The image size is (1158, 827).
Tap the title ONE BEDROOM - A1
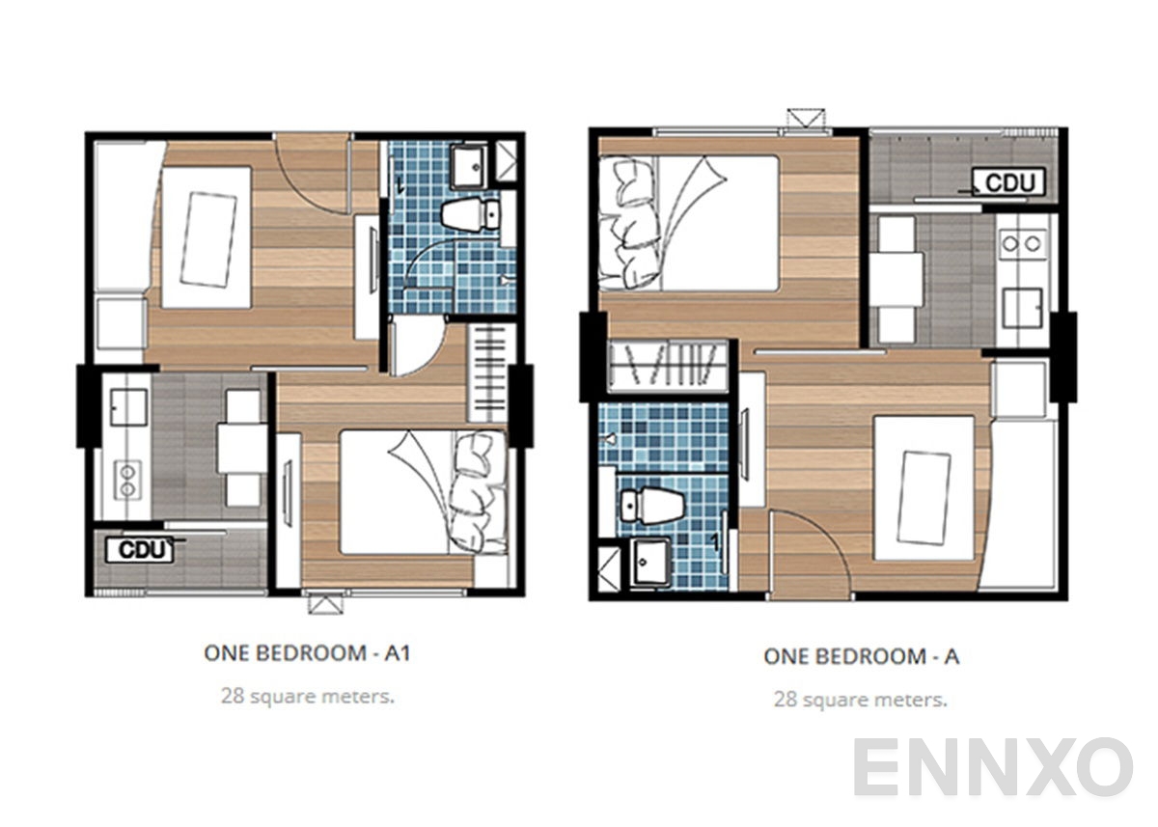pos(308,653)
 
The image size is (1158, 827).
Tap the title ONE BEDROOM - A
pos(861,657)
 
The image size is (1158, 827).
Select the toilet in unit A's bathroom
pos(651,504)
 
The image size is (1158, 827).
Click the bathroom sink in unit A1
pos(471,166)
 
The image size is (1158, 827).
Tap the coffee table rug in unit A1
pos(208,238)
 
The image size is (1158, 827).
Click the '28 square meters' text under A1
pos(307,696)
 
